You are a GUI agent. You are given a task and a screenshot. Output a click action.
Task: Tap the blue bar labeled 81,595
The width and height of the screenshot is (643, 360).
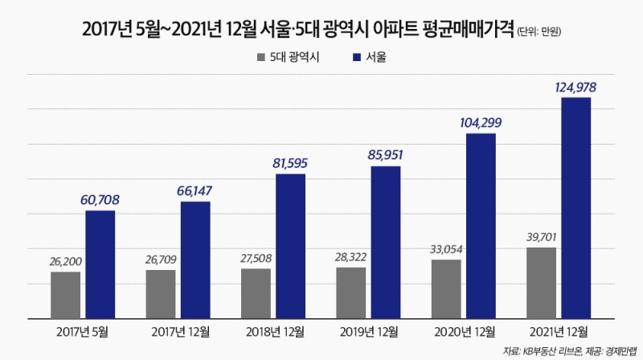pos(290,245)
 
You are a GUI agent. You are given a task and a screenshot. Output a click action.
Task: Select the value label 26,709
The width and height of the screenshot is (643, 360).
pos(160,259)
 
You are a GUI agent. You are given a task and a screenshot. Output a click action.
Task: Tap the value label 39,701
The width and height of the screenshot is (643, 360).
pos(541,236)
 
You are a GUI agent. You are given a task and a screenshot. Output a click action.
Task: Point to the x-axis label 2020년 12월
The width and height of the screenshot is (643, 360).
pos(464,331)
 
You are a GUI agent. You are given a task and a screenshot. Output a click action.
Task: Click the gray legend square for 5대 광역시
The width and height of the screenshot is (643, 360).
pos(259,57)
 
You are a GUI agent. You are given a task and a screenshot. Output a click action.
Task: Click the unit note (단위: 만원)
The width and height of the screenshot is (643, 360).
pos(534,31)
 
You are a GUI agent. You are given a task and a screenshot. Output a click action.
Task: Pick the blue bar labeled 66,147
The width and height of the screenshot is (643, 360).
pos(195,259)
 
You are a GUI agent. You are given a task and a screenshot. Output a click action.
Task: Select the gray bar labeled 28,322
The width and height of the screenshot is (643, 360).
pos(350,292)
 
